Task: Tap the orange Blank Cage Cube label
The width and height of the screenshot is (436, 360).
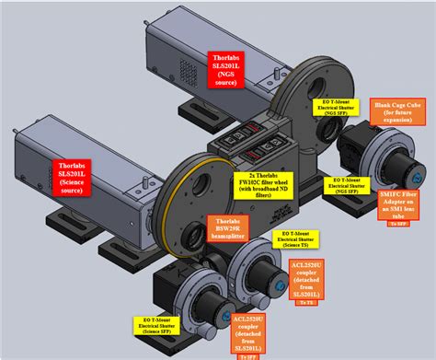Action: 396,113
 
